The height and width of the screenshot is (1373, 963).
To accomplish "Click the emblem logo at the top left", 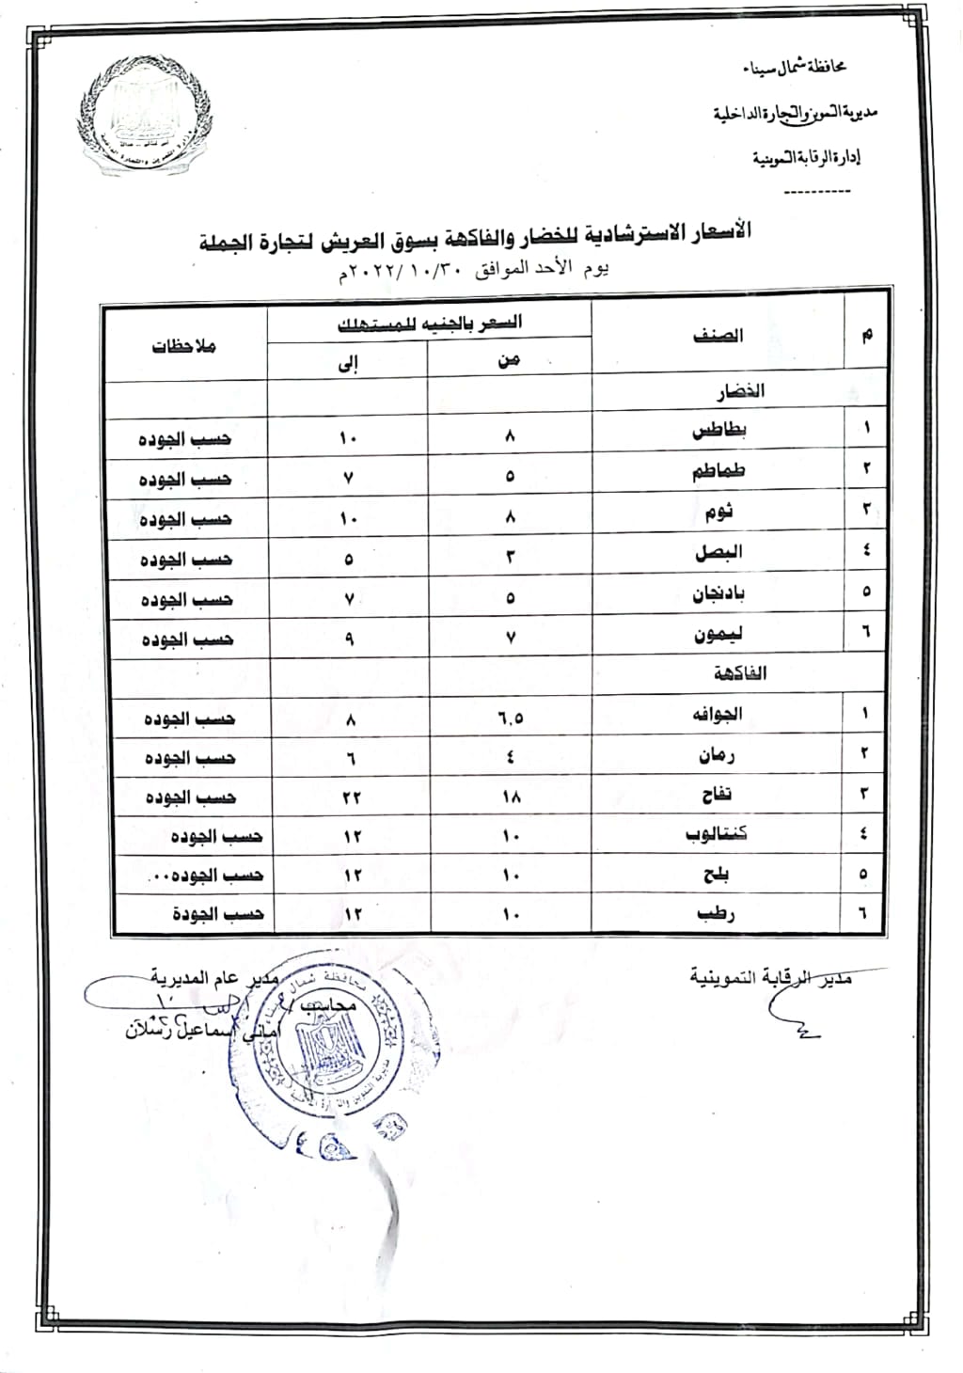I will [x=143, y=116].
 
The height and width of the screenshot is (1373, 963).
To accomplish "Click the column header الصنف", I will [x=718, y=336].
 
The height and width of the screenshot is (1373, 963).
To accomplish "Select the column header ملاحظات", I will [x=184, y=346].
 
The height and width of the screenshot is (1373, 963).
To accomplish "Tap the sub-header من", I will [x=509, y=359].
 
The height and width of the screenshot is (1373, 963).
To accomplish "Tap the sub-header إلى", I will [x=348, y=365].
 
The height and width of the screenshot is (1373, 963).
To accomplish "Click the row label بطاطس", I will [x=719, y=432].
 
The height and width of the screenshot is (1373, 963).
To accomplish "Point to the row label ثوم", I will [x=718, y=513].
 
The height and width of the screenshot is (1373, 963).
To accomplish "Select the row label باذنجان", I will [x=718, y=593].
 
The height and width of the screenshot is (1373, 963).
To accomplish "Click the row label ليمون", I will [x=718, y=635].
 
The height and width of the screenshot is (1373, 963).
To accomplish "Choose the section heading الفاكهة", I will [x=740, y=673].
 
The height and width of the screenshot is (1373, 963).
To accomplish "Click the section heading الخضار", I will [x=739, y=391].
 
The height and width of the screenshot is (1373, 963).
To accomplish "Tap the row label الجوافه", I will [x=718, y=715].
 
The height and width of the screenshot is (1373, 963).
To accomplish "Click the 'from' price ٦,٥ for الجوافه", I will [x=510, y=719].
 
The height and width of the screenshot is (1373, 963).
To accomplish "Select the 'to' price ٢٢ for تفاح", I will [x=351, y=798].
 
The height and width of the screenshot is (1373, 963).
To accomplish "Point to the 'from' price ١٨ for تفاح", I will [x=511, y=797].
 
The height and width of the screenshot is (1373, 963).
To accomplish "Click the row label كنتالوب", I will [x=717, y=834].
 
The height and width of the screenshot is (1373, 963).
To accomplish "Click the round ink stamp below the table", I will [x=320, y=1034].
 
